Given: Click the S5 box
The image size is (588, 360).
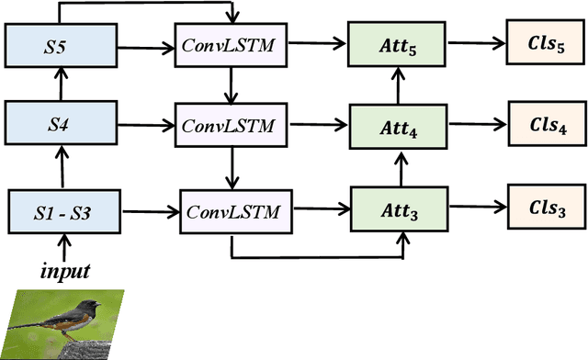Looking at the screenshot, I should coord(62,45).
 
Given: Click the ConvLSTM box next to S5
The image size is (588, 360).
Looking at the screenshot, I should coord(231,45).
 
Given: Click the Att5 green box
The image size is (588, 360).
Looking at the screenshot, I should coord(400,44).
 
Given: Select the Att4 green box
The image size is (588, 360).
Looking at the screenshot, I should coord(400,123).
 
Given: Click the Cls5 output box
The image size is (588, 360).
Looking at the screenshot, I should coord(541,45).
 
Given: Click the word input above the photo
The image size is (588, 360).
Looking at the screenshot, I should coord(63,271).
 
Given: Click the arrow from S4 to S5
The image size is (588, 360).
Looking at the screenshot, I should coord(62,83).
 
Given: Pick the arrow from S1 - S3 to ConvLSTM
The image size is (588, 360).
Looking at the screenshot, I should coord(149,211).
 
